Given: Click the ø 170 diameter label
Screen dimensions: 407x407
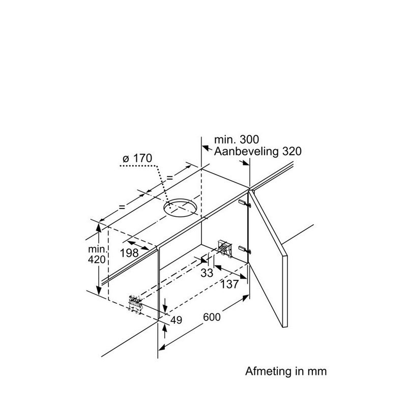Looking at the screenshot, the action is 137,158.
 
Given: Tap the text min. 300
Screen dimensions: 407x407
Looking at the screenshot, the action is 237,139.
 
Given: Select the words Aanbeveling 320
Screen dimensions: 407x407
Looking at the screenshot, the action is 258,151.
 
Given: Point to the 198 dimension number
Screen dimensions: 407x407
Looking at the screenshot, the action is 129,253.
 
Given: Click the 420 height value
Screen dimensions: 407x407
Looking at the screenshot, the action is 97,259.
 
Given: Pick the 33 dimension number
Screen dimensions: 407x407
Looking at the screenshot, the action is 207,273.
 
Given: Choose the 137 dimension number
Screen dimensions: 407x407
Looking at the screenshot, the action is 229,284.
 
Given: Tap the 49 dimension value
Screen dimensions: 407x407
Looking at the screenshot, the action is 176,320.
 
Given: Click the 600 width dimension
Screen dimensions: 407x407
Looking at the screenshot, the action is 212,317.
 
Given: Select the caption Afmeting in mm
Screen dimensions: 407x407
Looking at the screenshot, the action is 286,371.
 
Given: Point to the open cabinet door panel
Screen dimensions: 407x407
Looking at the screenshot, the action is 268,258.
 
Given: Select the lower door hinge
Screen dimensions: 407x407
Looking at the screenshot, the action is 245,249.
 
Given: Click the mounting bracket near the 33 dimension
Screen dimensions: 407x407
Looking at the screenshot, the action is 224,248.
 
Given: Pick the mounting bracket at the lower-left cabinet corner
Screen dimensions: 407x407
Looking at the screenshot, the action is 135,303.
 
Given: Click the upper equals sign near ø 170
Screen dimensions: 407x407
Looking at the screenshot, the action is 169,178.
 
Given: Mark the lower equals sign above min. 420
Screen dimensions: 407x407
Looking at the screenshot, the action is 122,207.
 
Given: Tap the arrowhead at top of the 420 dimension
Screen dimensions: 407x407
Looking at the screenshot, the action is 98,227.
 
